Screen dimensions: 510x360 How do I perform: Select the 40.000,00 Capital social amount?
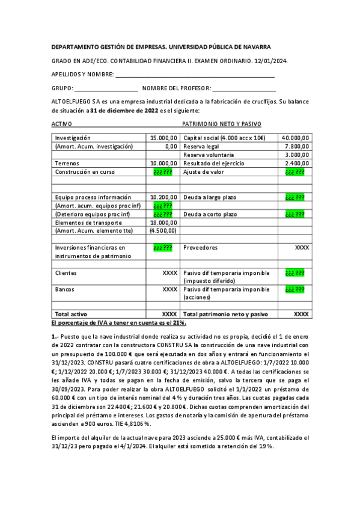tap(295, 138)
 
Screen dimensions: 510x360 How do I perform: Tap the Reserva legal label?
tap(201, 146)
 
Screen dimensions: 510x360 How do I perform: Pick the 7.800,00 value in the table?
tap(297, 146)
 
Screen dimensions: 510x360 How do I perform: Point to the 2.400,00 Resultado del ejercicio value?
tap(297, 163)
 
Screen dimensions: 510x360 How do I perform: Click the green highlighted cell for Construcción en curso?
tap(163, 171)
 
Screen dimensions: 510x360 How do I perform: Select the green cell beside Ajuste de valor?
tap(294, 171)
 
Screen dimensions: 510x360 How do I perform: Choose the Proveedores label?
tap(200, 247)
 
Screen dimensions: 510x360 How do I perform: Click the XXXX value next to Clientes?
tap(169, 272)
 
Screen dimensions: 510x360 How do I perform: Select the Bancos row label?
tap(65, 289)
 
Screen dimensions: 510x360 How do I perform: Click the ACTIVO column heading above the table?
tap(62, 123)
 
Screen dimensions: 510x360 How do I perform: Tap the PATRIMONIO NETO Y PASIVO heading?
tap(221, 123)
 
